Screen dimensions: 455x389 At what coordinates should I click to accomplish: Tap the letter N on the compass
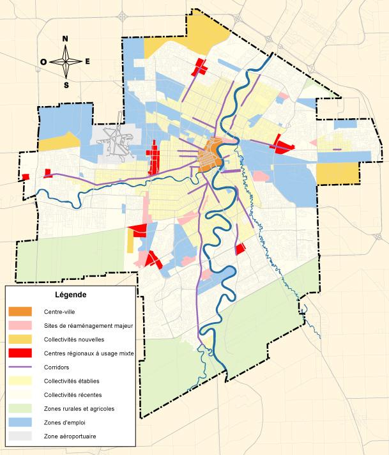(x=65, y=39)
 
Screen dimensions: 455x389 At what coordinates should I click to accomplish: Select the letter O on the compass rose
(x=43, y=62)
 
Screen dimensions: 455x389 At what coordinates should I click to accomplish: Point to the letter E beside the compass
(x=88, y=62)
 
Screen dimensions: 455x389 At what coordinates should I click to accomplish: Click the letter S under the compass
(x=66, y=84)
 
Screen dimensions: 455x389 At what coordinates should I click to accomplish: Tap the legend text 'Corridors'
(x=57, y=367)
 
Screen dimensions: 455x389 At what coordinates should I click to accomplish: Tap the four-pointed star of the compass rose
(x=66, y=62)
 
